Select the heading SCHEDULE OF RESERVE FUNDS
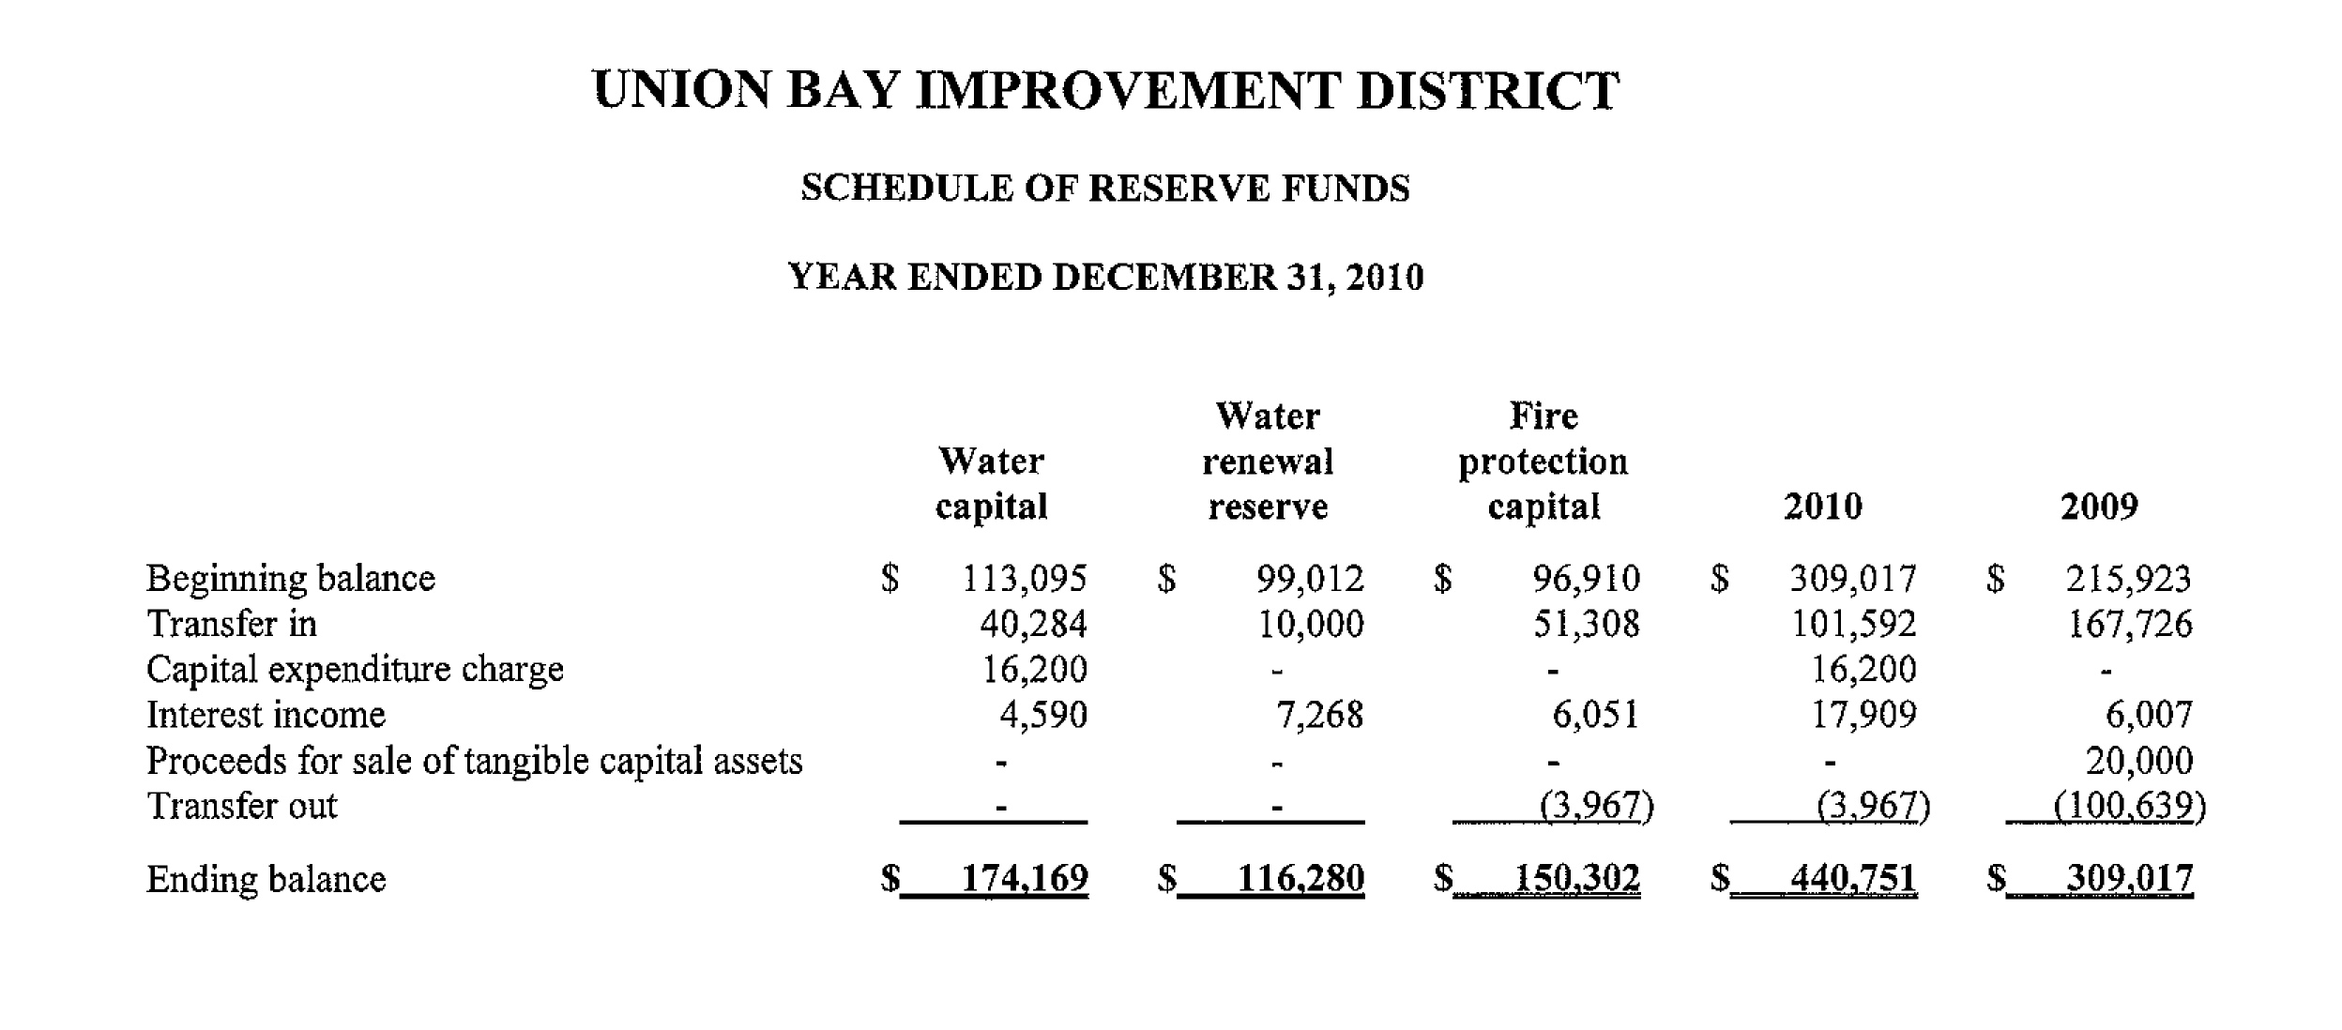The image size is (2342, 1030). coord(1104,189)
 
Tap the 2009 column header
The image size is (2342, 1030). coord(2098,507)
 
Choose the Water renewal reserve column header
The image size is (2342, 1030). coord(1267,462)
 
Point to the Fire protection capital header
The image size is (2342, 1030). coord(1543,462)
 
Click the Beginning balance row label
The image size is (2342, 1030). coord(291,579)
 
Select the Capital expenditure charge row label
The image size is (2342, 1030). coord(355,670)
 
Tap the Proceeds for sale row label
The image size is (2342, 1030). coord(474,761)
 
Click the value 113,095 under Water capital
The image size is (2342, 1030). coord(1025,579)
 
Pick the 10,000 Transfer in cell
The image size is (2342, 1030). coord(1310,624)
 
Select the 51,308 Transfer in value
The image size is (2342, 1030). coord(1586,624)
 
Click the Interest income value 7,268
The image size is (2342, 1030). coord(1318,715)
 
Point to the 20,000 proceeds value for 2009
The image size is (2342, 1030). coord(2138,761)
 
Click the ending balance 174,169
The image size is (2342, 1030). coord(1025,879)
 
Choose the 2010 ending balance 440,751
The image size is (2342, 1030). coord(1853,879)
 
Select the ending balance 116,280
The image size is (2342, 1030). coord(1300,879)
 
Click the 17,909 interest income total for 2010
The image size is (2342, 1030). coord(1863,715)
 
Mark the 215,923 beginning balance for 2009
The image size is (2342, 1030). coord(2128,579)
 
